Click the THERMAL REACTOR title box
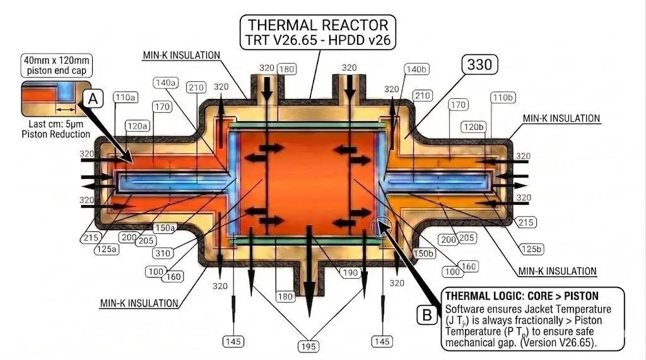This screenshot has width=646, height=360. [318, 32]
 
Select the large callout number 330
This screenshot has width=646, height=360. [479, 65]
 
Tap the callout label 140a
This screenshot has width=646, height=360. [166, 83]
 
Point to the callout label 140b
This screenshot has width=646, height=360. [416, 69]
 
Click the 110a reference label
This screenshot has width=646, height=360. [126, 98]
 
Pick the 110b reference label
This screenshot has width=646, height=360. [503, 98]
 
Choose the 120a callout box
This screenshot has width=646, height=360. [137, 126]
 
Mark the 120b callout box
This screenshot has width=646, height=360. [473, 127]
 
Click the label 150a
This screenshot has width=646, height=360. [165, 228]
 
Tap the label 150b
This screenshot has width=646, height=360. [423, 253]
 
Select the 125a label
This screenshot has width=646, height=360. [106, 249]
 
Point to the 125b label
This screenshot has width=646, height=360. [531, 249]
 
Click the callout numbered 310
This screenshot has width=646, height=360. [163, 253]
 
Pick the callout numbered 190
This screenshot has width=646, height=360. [350, 272]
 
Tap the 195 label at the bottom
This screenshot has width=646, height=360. [308, 347]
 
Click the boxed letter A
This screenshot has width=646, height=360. [93, 99]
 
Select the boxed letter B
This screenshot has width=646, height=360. [427, 315]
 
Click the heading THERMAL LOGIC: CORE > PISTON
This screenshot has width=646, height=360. [522, 296]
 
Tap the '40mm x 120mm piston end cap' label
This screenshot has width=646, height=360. [56, 65]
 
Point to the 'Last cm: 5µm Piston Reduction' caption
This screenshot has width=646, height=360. [56, 129]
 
